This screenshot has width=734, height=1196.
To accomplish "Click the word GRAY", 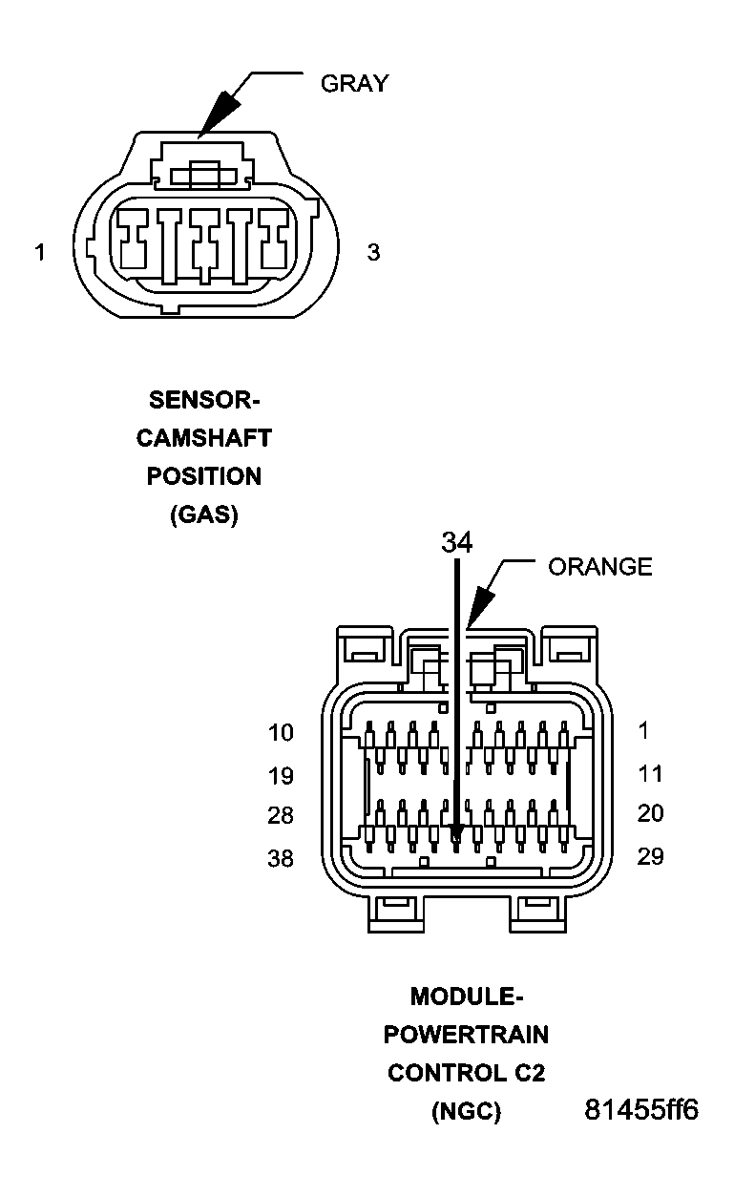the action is (x=354, y=83).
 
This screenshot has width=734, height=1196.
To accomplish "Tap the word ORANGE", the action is (x=600, y=566).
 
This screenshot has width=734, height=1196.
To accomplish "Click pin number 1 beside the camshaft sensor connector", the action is (x=39, y=252).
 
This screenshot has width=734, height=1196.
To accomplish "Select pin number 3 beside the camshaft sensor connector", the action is (x=373, y=252).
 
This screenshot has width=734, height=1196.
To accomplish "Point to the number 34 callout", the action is (x=457, y=542).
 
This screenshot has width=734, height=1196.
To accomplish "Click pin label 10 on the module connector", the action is (x=281, y=732).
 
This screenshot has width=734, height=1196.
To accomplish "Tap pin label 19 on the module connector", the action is (x=281, y=776).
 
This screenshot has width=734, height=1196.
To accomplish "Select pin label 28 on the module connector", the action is (x=281, y=815).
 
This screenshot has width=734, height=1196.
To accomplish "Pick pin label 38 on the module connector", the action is (x=281, y=858).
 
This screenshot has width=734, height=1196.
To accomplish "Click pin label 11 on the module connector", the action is (x=650, y=773).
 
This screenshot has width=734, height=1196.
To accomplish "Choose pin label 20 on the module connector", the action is (x=650, y=813).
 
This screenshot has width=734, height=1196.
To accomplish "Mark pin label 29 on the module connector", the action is (x=650, y=856).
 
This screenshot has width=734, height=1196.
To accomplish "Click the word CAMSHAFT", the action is (x=204, y=438).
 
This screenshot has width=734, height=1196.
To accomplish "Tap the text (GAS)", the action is (x=204, y=514).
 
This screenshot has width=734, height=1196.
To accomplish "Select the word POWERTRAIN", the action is (x=466, y=1035).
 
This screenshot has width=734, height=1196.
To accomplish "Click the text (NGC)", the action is (x=466, y=1112).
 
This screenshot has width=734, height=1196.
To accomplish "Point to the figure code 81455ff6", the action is (x=641, y=1109).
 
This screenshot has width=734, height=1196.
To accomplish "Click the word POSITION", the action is (x=204, y=476).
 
